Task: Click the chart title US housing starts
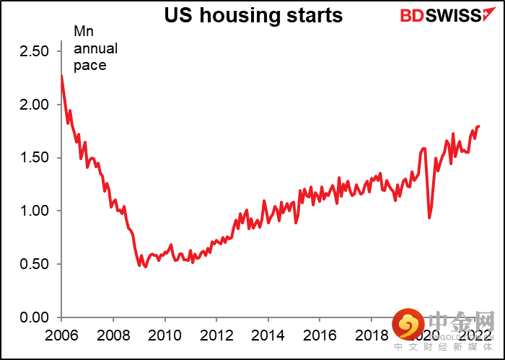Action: (242, 14)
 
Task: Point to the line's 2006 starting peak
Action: (61, 76)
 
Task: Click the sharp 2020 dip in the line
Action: (429, 217)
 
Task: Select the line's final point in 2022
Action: (478, 126)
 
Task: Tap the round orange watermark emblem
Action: (407, 326)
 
